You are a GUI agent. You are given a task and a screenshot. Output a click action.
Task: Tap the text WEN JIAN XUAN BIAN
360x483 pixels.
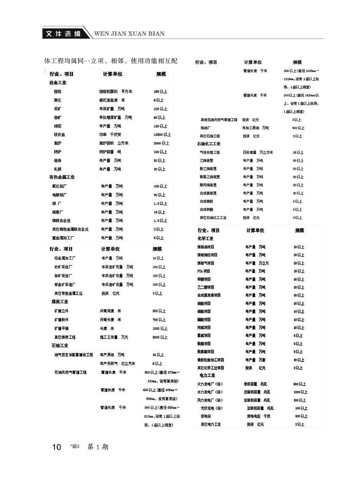(129, 34)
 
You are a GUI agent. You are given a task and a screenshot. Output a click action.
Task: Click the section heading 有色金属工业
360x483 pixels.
(62, 177)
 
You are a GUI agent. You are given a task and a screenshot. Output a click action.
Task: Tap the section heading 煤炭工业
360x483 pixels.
(60, 302)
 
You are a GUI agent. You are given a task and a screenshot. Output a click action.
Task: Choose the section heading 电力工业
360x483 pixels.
(206, 375)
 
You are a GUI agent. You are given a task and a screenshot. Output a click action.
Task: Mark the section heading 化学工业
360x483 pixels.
(205, 239)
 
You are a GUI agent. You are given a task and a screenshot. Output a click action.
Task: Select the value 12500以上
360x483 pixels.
(162, 134)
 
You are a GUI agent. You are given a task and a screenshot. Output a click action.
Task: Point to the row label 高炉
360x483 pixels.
(57, 143)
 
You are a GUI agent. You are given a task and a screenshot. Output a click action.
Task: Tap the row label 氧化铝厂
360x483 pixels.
(59, 186)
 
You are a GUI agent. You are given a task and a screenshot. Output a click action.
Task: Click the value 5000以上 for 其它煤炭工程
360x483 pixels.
(160, 337)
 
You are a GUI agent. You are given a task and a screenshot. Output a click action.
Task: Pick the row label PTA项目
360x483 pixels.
(204, 271)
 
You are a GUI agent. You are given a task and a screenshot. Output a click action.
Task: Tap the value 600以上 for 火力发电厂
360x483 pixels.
(300, 384)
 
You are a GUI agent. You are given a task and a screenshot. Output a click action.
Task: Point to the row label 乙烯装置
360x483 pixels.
(206, 161)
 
